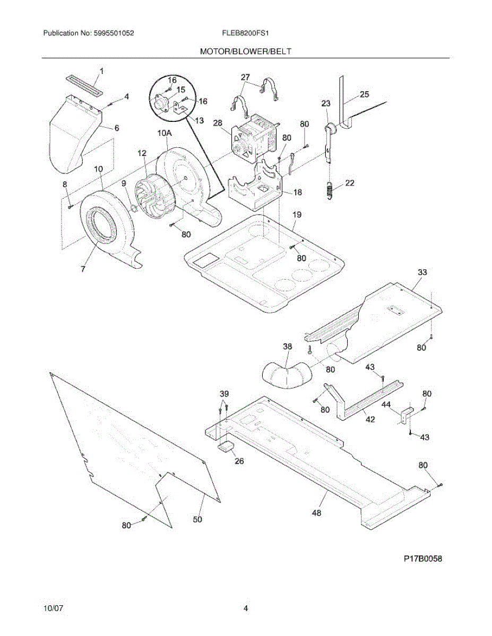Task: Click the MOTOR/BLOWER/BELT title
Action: tap(245, 51)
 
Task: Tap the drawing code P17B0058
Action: tap(422, 558)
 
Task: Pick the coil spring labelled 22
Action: tap(330, 190)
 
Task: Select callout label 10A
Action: tap(164, 134)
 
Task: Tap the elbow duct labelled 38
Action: tap(287, 374)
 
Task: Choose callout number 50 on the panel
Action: tap(197, 519)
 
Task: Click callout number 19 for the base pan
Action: tap(297, 214)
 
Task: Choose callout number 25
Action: tap(364, 95)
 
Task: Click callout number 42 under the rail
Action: tap(370, 419)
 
